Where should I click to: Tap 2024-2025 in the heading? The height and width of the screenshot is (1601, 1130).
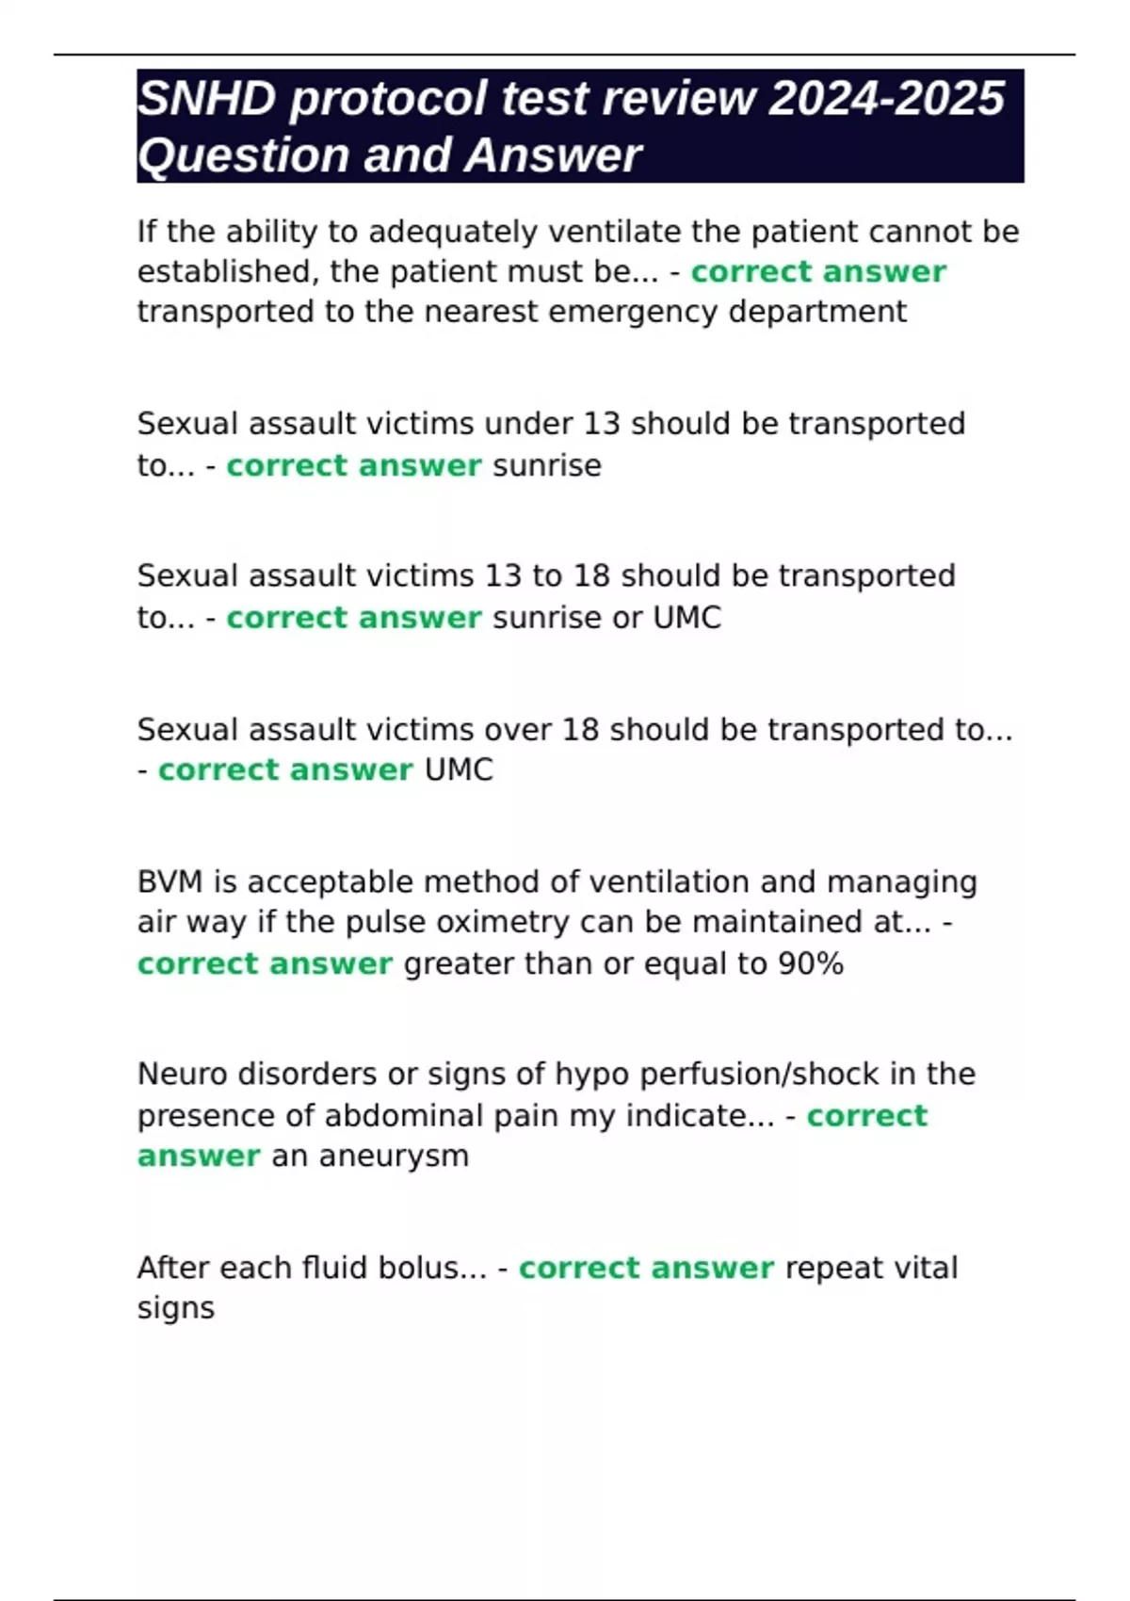pos(886,99)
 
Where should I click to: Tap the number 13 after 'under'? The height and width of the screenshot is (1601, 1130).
pos(602,424)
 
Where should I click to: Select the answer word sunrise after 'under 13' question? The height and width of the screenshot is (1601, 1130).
pos(547,465)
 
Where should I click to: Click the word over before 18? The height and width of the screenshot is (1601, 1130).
pos(517,730)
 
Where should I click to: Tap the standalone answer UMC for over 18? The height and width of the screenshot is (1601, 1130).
pos(459,770)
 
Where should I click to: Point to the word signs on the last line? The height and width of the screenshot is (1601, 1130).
pos(176,1308)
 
